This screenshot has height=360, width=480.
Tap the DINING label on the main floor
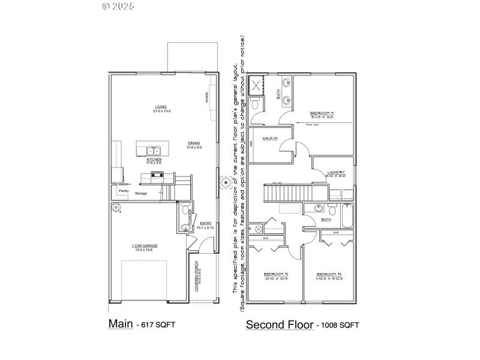click(x=194, y=143)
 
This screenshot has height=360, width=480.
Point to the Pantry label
click(x=124, y=191)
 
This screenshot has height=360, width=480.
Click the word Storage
click(x=141, y=193)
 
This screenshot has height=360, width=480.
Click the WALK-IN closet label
click(x=269, y=139)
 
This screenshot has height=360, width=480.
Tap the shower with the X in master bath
click(x=257, y=85)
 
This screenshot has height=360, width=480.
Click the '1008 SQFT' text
click(x=340, y=325)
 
